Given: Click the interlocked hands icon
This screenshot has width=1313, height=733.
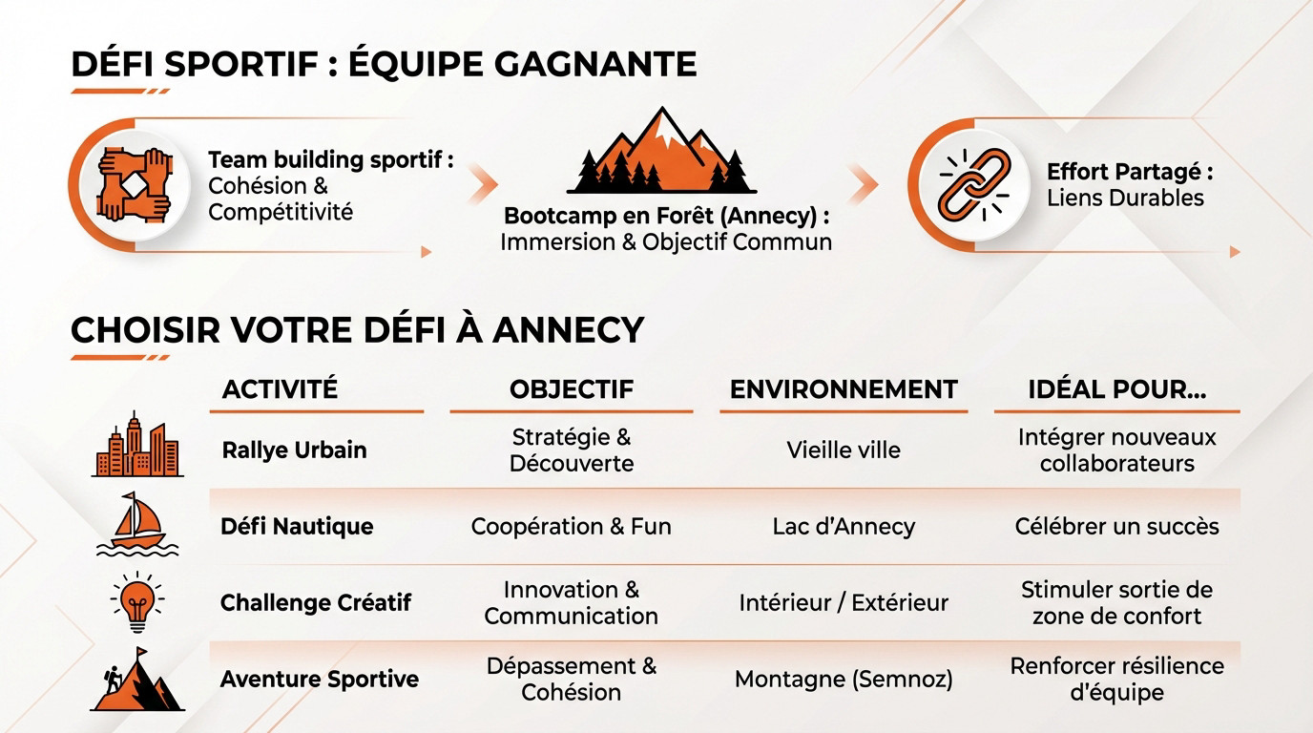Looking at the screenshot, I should pyautogui.click(x=134, y=183).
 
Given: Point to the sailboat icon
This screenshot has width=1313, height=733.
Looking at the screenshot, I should pyautogui.click(x=137, y=524).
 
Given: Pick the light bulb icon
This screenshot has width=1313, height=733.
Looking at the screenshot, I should pyautogui.click(x=137, y=601).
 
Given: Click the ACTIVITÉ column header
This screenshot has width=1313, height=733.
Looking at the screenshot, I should pyautogui.click(x=280, y=389).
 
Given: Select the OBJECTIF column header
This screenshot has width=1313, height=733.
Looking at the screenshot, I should pyautogui.click(x=571, y=389).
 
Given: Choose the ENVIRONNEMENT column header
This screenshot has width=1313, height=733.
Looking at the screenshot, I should pyautogui.click(x=844, y=389).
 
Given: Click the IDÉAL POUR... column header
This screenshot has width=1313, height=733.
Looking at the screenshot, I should pyautogui.click(x=1116, y=389).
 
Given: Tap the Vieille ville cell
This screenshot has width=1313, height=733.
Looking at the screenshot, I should pyautogui.click(x=844, y=450).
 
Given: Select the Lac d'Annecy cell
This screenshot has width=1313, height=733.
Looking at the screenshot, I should pyautogui.click(x=844, y=526).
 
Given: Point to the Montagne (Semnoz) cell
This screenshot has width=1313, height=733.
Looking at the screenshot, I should pyautogui.click(x=844, y=680).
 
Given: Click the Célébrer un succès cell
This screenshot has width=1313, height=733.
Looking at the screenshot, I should pyautogui.click(x=1116, y=526).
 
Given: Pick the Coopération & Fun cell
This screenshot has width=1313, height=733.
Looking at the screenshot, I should pyautogui.click(x=571, y=526).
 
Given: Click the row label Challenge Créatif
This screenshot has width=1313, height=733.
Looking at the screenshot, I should pyautogui.click(x=316, y=602).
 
